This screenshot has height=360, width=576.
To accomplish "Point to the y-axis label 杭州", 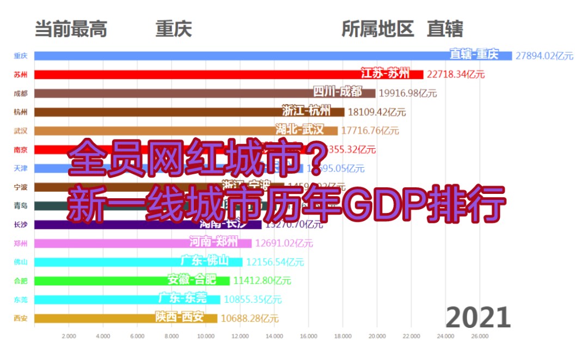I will pyautogui.click(x=21, y=112).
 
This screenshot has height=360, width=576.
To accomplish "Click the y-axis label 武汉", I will pyautogui.click(x=21, y=131).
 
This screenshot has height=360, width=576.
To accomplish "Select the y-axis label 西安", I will pyautogui.click(x=21, y=319).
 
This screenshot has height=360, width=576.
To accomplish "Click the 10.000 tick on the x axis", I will pyautogui.click(x=206, y=337).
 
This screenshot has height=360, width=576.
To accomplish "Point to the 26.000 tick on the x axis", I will pyautogui.click(x=480, y=337).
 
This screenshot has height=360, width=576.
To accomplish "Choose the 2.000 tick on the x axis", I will pyautogui.click(x=69, y=337).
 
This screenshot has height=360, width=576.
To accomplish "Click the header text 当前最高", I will pyautogui.click(x=71, y=28).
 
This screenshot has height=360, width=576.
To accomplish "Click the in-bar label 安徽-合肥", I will pyautogui.click(x=192, y=280).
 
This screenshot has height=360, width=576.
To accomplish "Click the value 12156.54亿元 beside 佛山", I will pyautogui.click(x=275, y=262).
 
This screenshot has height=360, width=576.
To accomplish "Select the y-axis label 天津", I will pyautogui.click(x=21, y=168).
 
